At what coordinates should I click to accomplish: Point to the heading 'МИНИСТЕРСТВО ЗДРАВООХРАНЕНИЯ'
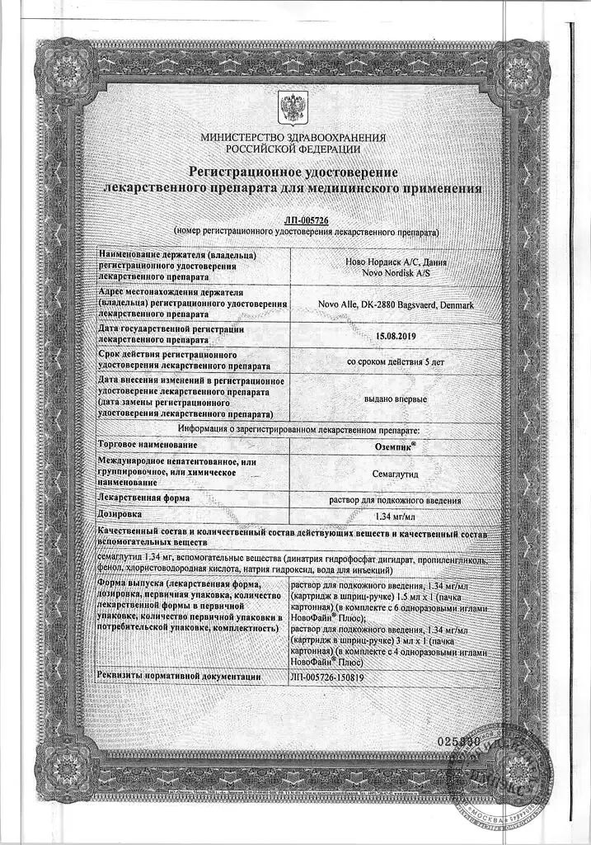pyautogui.click(x=293, y=138)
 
